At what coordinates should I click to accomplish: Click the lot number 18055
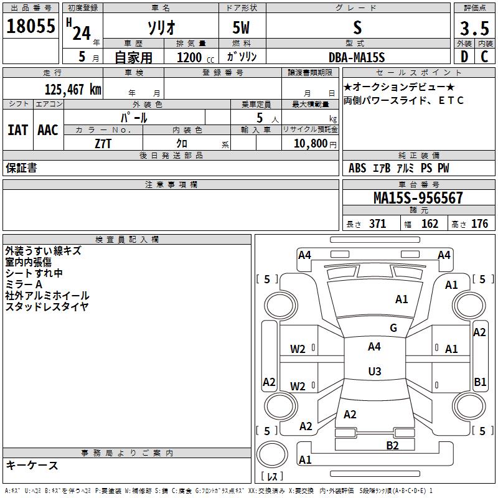tap(31, 26)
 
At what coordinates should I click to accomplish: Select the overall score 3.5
tap(474, 28)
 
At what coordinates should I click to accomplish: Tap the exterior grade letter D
tap(464, 57)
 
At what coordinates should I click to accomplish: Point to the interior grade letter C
tap(484, 57)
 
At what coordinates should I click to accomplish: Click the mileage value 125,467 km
tap(73, 90)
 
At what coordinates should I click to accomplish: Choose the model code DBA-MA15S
tap(357, 57)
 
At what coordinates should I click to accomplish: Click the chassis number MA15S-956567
tap(418, 198)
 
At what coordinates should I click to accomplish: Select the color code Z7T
tap(103, 144)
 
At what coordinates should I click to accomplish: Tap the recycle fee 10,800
tap(311, 144)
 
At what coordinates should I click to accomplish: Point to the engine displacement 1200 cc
tap(195, 57)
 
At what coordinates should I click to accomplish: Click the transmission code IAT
tap(17, 130)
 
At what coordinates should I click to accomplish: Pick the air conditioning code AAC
tap(48, 130)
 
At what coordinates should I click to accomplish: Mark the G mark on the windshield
tap(393, 327)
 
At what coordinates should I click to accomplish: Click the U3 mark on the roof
tap(375, 371)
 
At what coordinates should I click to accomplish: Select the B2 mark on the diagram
tap(392, 445)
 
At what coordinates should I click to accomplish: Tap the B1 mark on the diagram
tap(480, 382)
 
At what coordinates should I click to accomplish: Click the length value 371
tap(378, 223)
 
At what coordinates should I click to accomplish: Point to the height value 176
tap(479, 223)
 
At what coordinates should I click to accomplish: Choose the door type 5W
tap(241, 27)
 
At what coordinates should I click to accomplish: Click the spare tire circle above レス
tap(272, 454)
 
